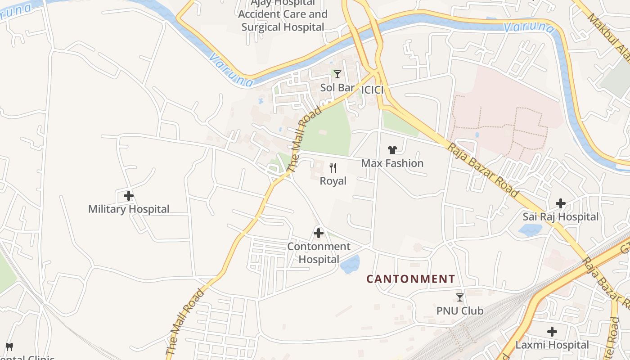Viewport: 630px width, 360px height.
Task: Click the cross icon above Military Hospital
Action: pos(129,196)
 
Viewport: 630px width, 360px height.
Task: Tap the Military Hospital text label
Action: pos(129,209)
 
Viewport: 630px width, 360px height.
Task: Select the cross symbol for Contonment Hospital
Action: pos(319,233)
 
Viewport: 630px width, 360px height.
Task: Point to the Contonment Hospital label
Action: pos(319,253)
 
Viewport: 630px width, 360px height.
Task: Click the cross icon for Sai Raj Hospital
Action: pos(561,203)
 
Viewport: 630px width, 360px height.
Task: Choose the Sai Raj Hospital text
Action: pos(561,216)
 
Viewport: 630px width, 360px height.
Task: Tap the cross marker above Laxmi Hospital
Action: pos(552,332)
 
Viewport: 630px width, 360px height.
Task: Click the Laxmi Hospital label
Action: pos(552,345)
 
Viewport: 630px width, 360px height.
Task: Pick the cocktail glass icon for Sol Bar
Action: pos(337,74)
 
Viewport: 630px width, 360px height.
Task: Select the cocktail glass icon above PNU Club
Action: pos(460,297)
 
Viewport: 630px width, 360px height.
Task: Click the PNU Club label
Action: pos(460,310)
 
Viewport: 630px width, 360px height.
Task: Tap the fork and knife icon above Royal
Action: pos(333,168)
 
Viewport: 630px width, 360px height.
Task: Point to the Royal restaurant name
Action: pos(333,181)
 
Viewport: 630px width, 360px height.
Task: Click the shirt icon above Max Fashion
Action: pos(392,150)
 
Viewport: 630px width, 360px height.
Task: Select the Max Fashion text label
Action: pos(392,163)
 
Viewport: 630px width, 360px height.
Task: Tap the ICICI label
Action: pos(373,90)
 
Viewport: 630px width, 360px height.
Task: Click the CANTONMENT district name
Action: pos(411,279)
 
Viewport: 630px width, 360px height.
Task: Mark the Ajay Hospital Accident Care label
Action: pos(283,14)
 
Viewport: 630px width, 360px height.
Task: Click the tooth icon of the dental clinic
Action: pos(9,346)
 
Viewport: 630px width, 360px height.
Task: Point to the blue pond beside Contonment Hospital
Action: pos(350,264)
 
